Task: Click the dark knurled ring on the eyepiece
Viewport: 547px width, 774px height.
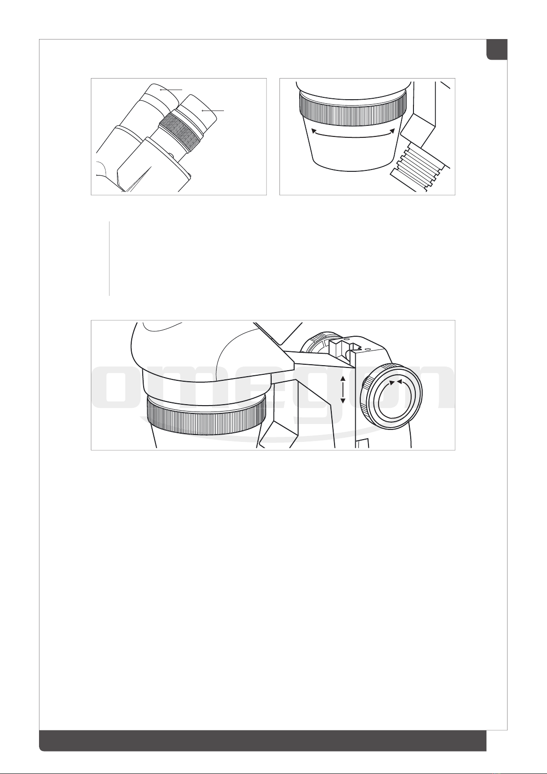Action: [179, 132]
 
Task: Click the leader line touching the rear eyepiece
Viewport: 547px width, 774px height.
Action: [171, 90]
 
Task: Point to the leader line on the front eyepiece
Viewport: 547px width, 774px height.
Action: [213, 111]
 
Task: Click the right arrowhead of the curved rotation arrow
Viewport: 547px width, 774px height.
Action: [392, 131]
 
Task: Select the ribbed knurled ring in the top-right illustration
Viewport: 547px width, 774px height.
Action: [352, 111]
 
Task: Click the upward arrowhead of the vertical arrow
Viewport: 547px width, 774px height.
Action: [343, 379]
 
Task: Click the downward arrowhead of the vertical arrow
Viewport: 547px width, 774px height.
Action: [343, 401]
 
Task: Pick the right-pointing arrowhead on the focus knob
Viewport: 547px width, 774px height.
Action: [392, 383]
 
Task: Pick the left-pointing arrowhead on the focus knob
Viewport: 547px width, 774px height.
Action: [400, 381]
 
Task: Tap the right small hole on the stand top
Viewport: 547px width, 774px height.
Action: [368, 350]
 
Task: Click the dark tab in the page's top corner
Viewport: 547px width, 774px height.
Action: [497, 50]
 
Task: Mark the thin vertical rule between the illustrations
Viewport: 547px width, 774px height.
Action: [109, 259]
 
